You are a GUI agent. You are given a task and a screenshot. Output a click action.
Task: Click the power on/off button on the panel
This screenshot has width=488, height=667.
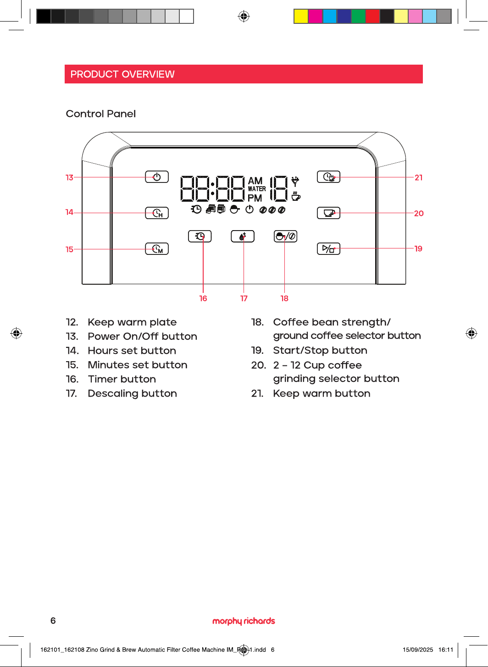tap(157, 177)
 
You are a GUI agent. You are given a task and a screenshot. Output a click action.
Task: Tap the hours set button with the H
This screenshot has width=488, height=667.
tap(157, 213)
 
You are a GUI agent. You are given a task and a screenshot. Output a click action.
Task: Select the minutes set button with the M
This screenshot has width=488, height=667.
tap(157, 248)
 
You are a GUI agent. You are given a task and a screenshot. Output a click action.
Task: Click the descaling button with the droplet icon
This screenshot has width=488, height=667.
tap(243, 236)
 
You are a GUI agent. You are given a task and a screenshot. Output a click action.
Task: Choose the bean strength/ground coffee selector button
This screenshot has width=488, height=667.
tap(285, 236)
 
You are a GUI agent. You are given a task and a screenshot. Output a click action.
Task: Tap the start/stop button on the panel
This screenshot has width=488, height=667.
tap(328, 248)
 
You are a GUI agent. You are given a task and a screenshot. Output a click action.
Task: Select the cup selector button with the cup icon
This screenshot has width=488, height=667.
tap(328, 213)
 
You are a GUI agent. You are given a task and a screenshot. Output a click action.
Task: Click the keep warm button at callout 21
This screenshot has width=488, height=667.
tap(328, 177)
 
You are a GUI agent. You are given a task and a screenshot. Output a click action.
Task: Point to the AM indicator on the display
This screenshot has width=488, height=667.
tap(255, 181)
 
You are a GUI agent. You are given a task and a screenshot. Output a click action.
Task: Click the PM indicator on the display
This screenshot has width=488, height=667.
tap(255, 198)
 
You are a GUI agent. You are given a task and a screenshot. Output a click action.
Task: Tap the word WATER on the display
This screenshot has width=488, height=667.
tap(256, 189)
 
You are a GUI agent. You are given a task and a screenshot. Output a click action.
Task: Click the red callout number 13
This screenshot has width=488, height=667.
tap(69, 177)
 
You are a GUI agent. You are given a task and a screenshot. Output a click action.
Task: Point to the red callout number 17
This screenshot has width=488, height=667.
tap(244, 298)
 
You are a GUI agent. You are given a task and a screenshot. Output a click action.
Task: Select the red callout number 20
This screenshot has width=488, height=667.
tap(419, 213)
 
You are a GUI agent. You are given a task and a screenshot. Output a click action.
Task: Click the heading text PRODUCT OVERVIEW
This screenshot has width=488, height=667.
tap(122, 74)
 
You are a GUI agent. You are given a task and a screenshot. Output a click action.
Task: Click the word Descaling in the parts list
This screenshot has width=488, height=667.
tap(113, 394)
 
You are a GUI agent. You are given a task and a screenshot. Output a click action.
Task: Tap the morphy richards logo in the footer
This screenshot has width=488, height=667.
tap(244, 621)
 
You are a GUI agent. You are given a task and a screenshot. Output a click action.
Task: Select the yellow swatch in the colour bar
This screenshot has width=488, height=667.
tap(301, 16)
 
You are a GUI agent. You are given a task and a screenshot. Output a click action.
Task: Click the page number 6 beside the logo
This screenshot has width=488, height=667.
tap(53, 621)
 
